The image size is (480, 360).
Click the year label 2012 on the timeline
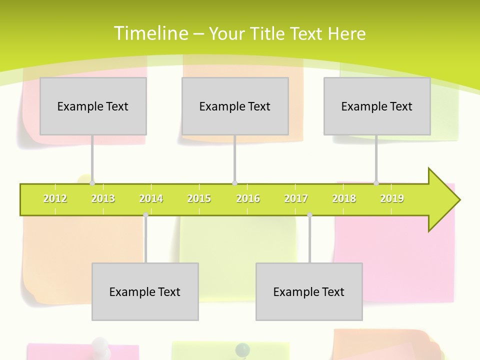point(55,198)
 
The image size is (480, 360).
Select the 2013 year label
point(103,198)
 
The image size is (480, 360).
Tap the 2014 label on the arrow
point(151,198)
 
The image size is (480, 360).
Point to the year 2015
point(199,198)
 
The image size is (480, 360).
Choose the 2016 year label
point(248,198)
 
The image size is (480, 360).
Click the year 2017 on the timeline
point(296,198)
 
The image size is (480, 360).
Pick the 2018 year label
point(344,198)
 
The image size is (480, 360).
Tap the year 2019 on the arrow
point(392,198)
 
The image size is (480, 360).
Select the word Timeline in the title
point(150,33)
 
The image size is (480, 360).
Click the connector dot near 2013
point(92,183)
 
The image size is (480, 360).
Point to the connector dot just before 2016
point(234,183)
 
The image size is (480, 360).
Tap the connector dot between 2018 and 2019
point(376,183)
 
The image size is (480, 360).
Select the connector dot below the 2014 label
point(145,215)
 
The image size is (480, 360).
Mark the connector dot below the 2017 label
point(309,215)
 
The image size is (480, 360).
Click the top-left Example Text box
point(93,106)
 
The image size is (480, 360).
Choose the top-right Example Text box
point(377,106)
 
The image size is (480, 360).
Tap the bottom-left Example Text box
point(145,291)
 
